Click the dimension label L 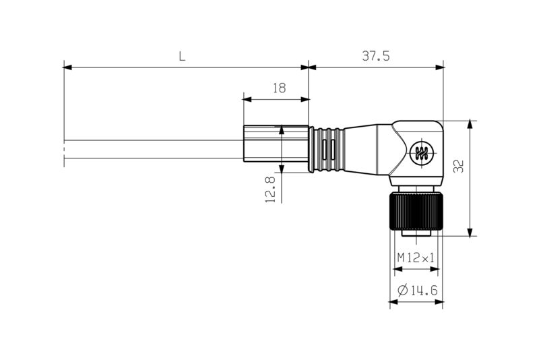pyautogui.click(x=182, y=57)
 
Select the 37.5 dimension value pyautogui.click(x=376, y=57)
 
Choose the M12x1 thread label pyautogui.click(x=416, y=257)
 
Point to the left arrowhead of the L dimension pyautogui.click(x=67, y=67)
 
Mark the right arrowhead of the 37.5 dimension pyautogui.click(x=441, y=67)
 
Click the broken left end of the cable pyautogui.click(x=65, y=150)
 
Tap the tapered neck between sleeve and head pyautogui.click(x=369, y=149)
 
